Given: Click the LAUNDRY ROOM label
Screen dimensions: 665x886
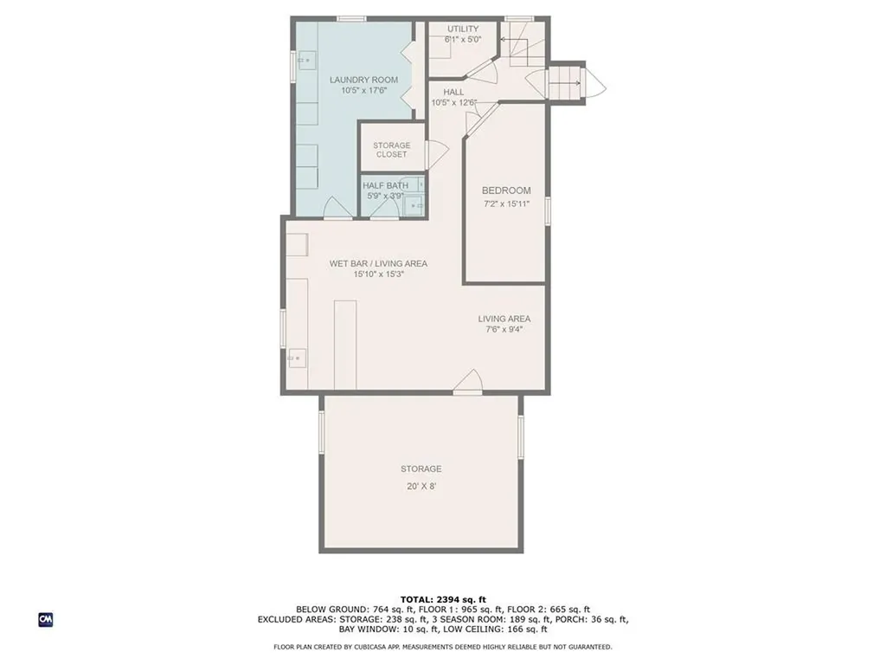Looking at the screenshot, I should pyautogui.click(x=363, y=80).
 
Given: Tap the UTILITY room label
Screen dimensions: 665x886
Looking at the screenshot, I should pyautogui.click(x=463, y=29).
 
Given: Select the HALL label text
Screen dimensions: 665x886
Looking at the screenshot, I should pyautogui.click(x=453, y=92).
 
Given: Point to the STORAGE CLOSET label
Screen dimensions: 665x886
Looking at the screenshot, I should pyautogui.click(x=392, y=150).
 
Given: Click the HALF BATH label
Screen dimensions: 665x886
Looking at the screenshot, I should pyautogui.click(x=385, y=185).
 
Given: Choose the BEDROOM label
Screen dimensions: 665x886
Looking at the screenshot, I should pyautogui.click(x=506, y=190).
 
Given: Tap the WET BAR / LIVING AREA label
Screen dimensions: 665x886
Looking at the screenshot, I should pyautogui.click(x=378, y=263).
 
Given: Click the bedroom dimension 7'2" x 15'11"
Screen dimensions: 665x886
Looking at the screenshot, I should pyautogui.click(x=506, y=203).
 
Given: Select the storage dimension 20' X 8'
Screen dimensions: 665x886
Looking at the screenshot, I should pyautogui.click(x=421, y=486).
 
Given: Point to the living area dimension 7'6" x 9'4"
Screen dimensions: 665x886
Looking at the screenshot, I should pyautogui.click(x=504, y=329).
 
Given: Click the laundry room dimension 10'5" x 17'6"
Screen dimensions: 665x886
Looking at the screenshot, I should pyautogui.click(x=363, y=90).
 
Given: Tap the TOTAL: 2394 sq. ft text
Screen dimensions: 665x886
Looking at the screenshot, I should pyautogui.click(x=443, y=599).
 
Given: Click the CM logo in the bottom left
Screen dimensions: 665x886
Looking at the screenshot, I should pyautogui.click(x=46, y=619).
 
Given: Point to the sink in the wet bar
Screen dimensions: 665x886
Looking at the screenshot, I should pyautogui.click(x=297, y=357).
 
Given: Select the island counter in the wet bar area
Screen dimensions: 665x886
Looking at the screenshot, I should pyautogui.click(x=345, y=344).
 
